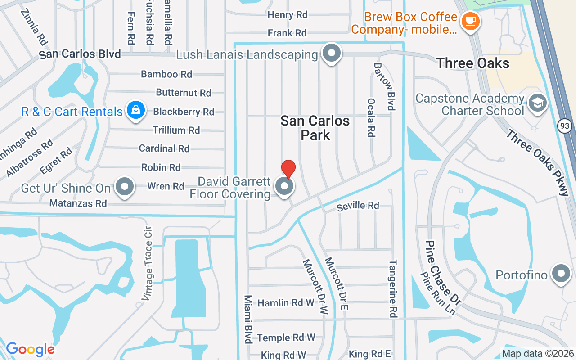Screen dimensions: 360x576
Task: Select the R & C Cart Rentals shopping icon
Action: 135,110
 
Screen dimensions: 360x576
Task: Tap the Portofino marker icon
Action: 561,274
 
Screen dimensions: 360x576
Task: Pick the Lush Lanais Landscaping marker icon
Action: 332,54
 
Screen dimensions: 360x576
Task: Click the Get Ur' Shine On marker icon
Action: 125,187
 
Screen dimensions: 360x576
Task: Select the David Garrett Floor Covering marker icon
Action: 284,187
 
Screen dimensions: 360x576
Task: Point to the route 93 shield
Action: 565,126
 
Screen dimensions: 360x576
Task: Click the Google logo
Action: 30,349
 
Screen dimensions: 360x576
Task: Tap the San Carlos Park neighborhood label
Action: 315,128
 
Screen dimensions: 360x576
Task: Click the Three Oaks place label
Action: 472,63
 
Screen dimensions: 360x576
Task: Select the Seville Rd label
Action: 358,206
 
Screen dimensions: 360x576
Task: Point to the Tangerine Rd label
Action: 393,288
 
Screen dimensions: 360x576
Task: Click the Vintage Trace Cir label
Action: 148,266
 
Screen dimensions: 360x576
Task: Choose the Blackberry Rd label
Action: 184,112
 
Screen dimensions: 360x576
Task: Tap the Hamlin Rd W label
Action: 286,303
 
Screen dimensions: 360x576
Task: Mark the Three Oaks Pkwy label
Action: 537,162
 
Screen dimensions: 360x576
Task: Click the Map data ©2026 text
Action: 538,354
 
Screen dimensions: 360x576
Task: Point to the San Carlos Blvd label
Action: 80,54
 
